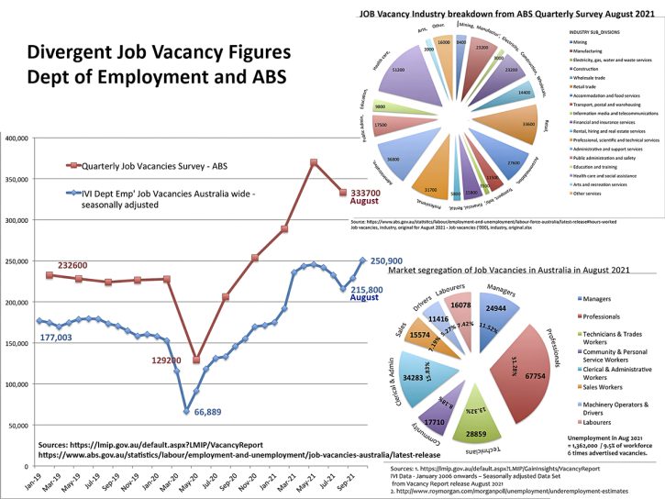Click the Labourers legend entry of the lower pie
[594, 422]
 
